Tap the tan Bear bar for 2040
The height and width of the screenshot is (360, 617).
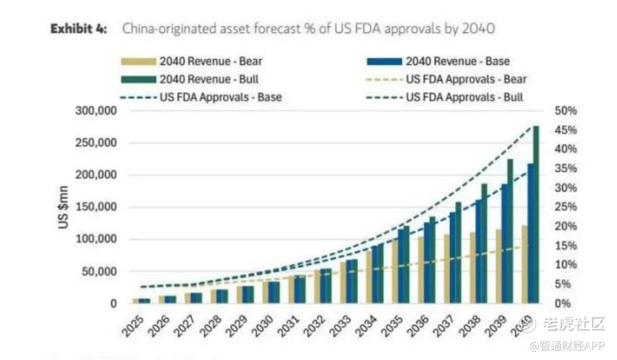pos(524,264)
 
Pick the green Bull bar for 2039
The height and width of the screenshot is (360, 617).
pos(510,231)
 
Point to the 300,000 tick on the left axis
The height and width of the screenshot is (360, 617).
pos(96,111)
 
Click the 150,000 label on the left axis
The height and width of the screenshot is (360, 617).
pos(96,207)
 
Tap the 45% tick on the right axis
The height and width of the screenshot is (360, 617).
pos(566,130)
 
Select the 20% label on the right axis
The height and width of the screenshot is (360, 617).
pos(566,226)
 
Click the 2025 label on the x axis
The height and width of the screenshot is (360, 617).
pos(135,325)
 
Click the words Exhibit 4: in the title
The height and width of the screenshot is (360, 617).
pos(79,28)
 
